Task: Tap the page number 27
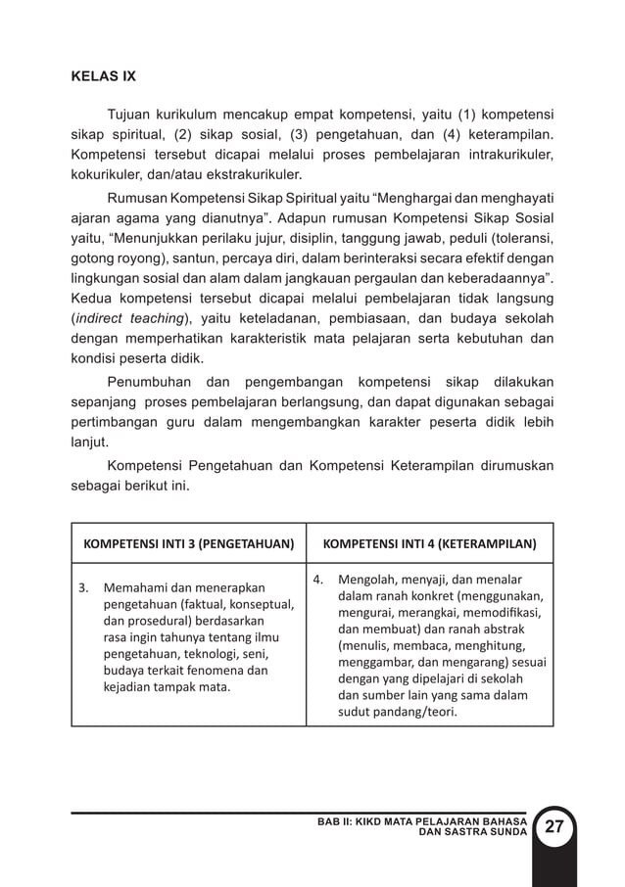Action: tap(554, 826)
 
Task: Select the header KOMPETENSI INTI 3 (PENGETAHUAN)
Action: tap(188, 542)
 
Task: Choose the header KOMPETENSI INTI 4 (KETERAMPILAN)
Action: tap(429, 542)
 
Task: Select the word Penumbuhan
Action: tap(147, 381)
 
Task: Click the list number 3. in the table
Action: tap(84, 588)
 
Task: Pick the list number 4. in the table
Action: tap(317, 578)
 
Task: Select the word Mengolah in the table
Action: tap(366, 578)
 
